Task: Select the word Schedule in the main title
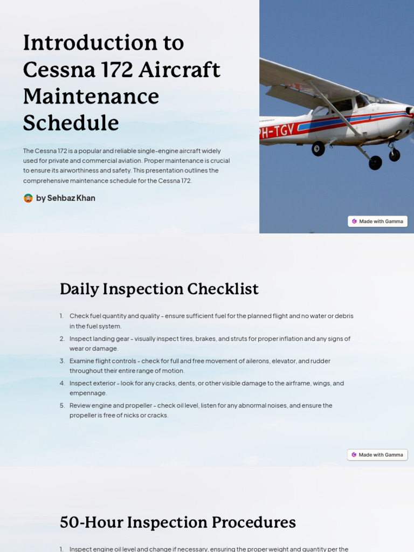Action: [71, 123]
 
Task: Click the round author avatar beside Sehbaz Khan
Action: [28, 198]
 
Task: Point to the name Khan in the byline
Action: [86, 198]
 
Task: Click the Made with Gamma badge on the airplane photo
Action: [377, 221]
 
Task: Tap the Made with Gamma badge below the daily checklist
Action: [377, 454]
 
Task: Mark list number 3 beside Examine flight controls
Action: [62, 361]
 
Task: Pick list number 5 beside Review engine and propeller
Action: [62, 405]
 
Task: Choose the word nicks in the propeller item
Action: [128, 415]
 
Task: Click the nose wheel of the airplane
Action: [395, 155]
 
